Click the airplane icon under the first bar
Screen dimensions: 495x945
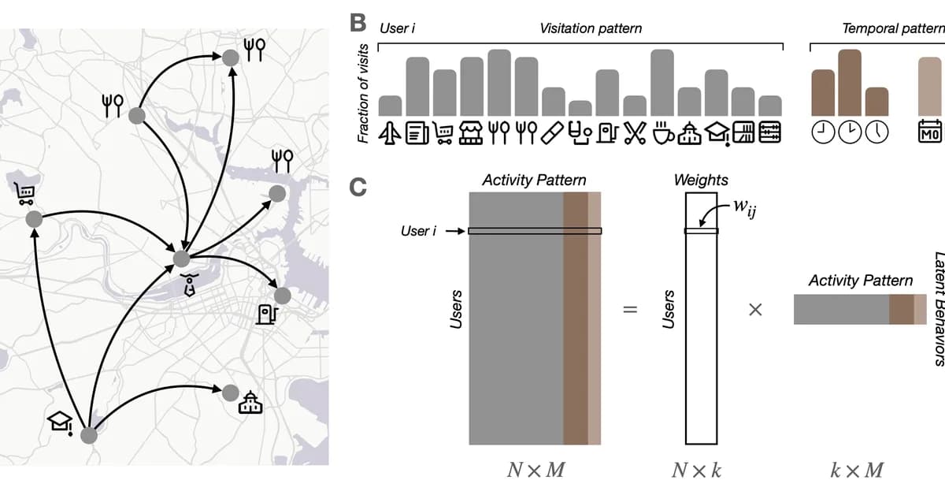(390, 134)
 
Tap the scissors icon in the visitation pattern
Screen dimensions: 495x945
(634, 134)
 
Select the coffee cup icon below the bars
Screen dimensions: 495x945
(661, 134)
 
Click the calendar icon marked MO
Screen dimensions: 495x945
(930, 134)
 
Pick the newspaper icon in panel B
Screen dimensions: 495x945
(417, 134)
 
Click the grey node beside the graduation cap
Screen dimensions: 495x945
(89, 434)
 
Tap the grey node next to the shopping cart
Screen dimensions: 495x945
(34, 217)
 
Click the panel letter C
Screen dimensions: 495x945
(358, 188)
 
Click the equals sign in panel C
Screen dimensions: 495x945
(629, 310)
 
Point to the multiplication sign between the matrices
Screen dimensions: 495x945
(754, 310)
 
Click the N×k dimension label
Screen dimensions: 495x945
(697, 471)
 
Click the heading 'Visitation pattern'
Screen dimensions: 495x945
(591, 28)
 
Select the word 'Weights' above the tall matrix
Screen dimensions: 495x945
(701, 180)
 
